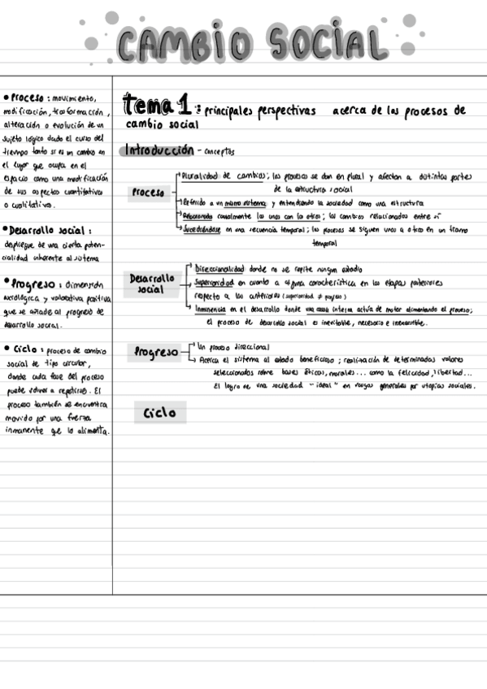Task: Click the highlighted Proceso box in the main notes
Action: [x=147, y=193]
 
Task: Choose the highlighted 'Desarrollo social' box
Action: [x=151, y=283]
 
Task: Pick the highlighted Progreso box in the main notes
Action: [x=156, y=353]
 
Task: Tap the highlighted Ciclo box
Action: [x=159, y=413]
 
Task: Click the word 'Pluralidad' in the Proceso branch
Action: [x=201, y=175]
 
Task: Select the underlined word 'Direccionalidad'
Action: [x=220, y=268]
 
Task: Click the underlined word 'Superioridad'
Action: [x=214, y=283]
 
